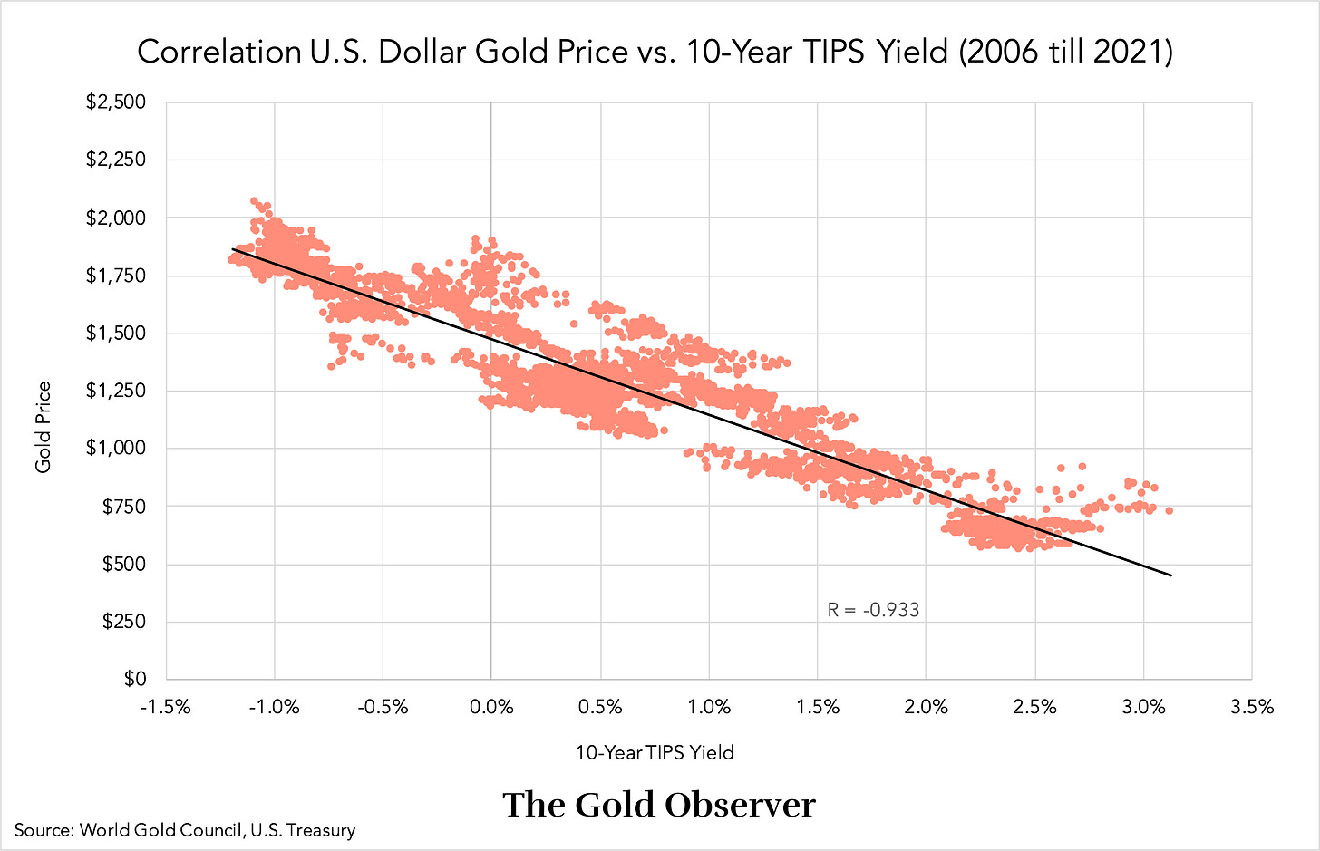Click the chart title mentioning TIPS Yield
[x=655, y=52]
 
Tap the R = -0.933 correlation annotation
[x=873, y=610]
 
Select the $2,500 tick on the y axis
[x=115, y=102]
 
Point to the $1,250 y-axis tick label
[x=115, y=391]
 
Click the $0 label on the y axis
[x=134, y=679]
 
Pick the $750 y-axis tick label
[x=122, y=506]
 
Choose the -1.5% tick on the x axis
[x=165, y=707]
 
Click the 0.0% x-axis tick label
[x=490, y=707]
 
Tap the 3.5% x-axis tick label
[x=1252, y=707]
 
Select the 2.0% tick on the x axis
[x=926, y=707]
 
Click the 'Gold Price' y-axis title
[x=44, y=427]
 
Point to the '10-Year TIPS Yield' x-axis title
[x=655, y=752]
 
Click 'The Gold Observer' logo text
[x=659, y=805]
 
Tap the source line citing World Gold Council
[x=185, y=830]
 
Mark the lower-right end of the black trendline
[x=1171, y=575]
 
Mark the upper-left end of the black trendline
[x=233, y=248]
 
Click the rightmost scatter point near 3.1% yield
[x=1169, y=511]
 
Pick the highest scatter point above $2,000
[x=254, y=201]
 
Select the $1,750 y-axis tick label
[x=115, y=276]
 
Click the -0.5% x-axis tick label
[x=383, y=707]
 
